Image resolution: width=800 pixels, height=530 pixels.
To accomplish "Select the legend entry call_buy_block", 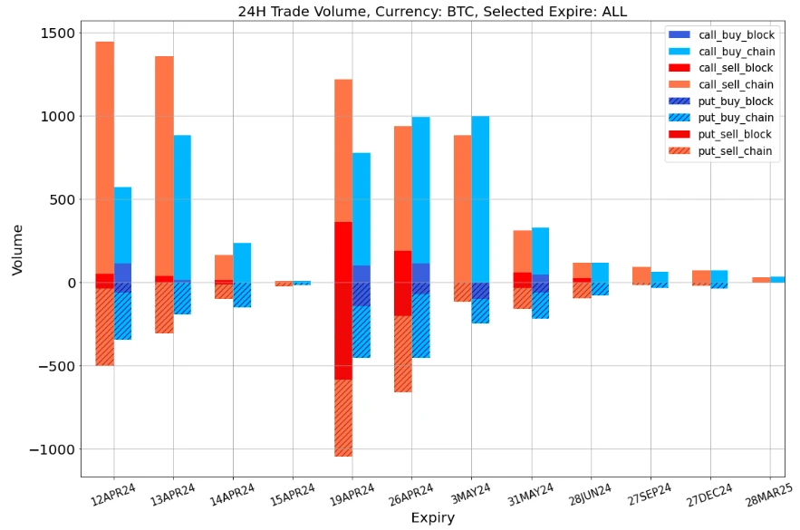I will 736,34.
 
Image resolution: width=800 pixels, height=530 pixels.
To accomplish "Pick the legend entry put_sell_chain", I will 736,151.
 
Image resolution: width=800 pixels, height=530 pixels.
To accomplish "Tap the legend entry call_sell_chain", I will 736,84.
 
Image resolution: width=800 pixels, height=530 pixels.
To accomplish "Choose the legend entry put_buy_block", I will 736,101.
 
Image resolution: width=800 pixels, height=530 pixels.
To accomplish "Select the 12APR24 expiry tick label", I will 112,494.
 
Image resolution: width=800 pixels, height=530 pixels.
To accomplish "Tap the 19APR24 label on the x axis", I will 351,496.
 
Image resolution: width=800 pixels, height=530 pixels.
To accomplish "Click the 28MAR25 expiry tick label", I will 767,496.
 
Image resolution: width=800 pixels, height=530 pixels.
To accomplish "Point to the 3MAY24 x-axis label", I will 470,494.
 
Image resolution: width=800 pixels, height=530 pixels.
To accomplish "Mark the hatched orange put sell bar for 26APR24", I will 402,353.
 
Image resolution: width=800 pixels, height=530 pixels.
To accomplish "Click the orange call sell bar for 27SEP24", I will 641,275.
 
